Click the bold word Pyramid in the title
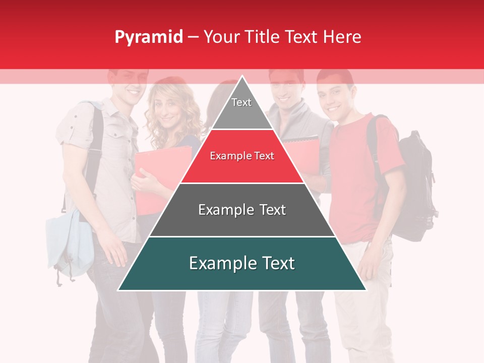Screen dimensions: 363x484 point(149,37)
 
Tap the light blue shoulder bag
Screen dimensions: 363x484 point(68,242)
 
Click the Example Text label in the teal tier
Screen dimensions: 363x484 point(242,263)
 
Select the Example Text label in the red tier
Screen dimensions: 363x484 point(242,156)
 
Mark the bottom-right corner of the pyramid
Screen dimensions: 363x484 point(366,290)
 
